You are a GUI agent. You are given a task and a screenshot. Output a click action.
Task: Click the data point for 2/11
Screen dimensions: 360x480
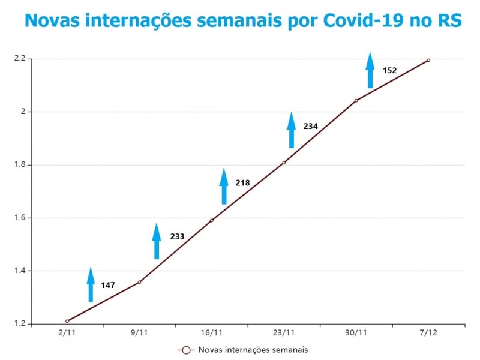tap(67, 321)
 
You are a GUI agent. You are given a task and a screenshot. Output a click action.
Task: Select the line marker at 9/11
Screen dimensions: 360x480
tap(139, 282)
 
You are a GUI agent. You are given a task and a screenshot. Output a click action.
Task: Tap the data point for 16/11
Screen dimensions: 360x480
tap(212, 220)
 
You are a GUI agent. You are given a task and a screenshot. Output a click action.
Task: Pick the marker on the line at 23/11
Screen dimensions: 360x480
tap(284, 162)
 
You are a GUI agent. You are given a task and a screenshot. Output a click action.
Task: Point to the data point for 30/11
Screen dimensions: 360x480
tap(356, 100)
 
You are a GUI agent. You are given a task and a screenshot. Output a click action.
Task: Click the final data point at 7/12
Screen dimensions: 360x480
tap(428, 60)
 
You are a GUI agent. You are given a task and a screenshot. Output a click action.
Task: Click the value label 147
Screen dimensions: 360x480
tap(108, 285)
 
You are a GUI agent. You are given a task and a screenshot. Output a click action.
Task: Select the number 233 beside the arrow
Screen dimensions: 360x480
tap(177, 236)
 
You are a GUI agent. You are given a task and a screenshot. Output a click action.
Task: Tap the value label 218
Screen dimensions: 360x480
tap(242, 182)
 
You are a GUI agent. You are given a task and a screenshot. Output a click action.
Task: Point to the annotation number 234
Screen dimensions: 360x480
tap(310, 126)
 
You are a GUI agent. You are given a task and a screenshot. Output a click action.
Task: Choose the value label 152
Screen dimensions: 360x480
tap(389, 70)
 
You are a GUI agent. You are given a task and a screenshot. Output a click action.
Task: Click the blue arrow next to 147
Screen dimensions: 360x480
tap(91, 284)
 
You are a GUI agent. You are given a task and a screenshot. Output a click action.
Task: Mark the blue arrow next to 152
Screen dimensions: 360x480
tap(370, 70)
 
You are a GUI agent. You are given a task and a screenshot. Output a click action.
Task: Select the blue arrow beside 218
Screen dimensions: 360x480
tap(224, 186)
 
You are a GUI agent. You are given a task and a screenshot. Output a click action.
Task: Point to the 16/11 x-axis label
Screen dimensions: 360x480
tap(212, 332)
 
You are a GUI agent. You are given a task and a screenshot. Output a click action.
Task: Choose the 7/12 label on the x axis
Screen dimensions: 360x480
tap(428, 332)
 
